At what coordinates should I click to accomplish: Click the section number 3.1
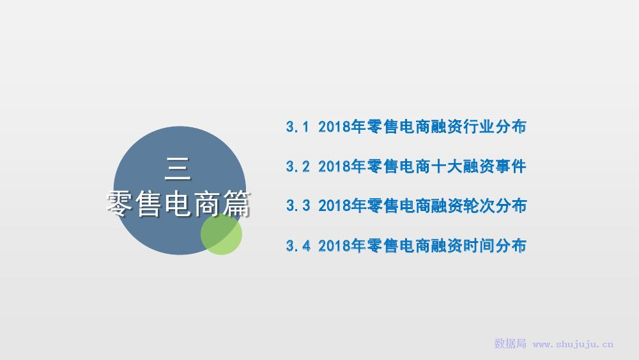click(298, 127)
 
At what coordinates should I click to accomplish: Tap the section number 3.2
click(298, 166)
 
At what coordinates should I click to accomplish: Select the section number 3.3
click(298, 205)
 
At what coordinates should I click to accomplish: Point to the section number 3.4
click(298, 246)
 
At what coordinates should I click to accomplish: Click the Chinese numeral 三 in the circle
click(178, 169)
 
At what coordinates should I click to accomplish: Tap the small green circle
click(221, 234)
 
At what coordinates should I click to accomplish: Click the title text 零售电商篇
click(178, 203)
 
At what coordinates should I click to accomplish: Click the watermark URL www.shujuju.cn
click(573, 345)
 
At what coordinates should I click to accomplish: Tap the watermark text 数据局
click(510, 343)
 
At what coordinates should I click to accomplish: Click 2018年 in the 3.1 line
click(341, 127)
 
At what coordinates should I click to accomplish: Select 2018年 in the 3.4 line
click(341, 246)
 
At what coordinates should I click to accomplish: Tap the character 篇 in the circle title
click(236, 203)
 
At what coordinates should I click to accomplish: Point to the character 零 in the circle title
click(119, 203)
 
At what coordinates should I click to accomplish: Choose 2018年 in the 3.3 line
click(341, 205)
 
